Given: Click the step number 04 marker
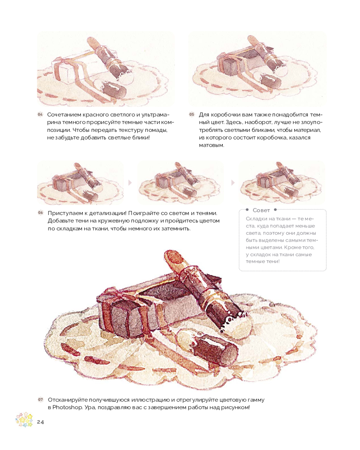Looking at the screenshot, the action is click(40, 114).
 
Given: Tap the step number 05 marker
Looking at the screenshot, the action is click(192, 114).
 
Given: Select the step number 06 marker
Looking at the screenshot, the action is click(40, 213).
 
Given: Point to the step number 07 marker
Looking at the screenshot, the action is click(40, 400).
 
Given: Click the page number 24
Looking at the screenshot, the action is click(40, 422).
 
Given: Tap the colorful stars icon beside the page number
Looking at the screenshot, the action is click(24, 419).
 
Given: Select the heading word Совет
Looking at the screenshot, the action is click(261, 210).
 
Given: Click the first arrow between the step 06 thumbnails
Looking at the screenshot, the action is click(130, 183).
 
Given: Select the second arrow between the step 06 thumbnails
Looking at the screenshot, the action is click(233, 183).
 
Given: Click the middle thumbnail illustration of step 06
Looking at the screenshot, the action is click(180, 183).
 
